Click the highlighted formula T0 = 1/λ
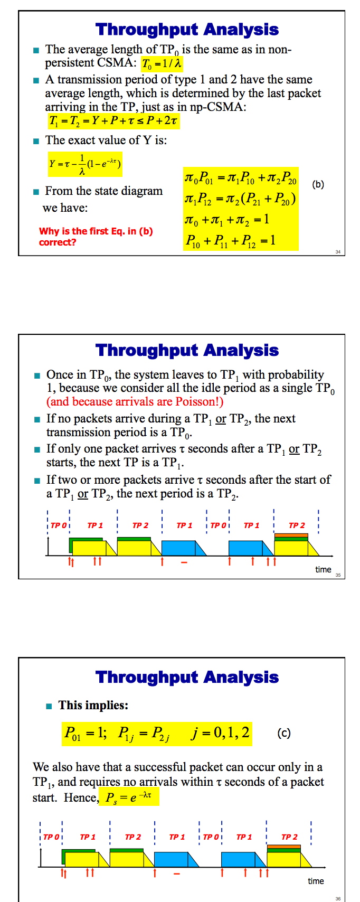(162, 64)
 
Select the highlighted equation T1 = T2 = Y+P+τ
(113, 121)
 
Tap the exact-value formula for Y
(85, 164)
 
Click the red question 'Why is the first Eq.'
(96, 237)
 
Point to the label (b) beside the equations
(318, 184)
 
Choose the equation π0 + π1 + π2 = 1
(227, 219)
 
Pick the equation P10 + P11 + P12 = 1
(230, 241)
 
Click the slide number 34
(338, 252)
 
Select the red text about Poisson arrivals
(135, 402)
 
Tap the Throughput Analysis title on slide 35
(187, 350)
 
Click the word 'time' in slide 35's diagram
(323, 569)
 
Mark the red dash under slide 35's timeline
(184, 562)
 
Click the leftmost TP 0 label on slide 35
(58, 525)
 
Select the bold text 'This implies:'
(93, 706)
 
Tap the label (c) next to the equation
(283, 733)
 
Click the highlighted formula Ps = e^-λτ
(129, 797)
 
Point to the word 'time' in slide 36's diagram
(316, 881)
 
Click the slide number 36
(338, 898)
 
